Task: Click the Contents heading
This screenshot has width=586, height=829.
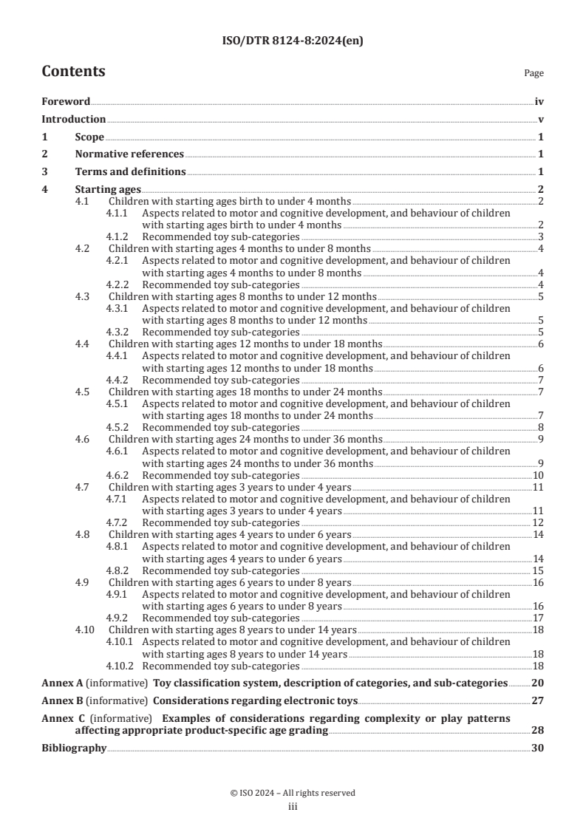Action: tap(73, 72)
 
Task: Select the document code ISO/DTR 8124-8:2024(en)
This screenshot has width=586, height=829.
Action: tap(293, 41)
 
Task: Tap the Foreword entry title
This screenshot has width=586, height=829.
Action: tap(66, 102)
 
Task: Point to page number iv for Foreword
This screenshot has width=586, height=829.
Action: tap(539, 102)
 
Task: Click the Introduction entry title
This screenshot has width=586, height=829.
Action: tap(73, 119)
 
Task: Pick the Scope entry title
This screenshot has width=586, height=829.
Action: tap(89, 137)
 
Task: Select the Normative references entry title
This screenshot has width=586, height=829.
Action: tap(129, 154)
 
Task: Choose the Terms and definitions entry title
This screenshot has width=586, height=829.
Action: tap(130, 172)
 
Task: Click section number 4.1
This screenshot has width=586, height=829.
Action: tap(83, 201)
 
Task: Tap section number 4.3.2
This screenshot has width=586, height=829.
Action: tap(117, 332)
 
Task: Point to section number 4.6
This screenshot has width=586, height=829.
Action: tap(83, 439)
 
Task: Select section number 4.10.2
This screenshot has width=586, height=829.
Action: tap(120, 666)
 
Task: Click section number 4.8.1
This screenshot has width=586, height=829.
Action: tap(117, 546)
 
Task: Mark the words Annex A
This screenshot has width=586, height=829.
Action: tap(59, 683)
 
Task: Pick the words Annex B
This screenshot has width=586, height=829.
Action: tap(59, 700)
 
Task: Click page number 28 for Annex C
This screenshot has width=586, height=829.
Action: tap(538, 730)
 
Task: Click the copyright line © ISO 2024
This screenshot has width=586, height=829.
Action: tap(293, 793)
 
